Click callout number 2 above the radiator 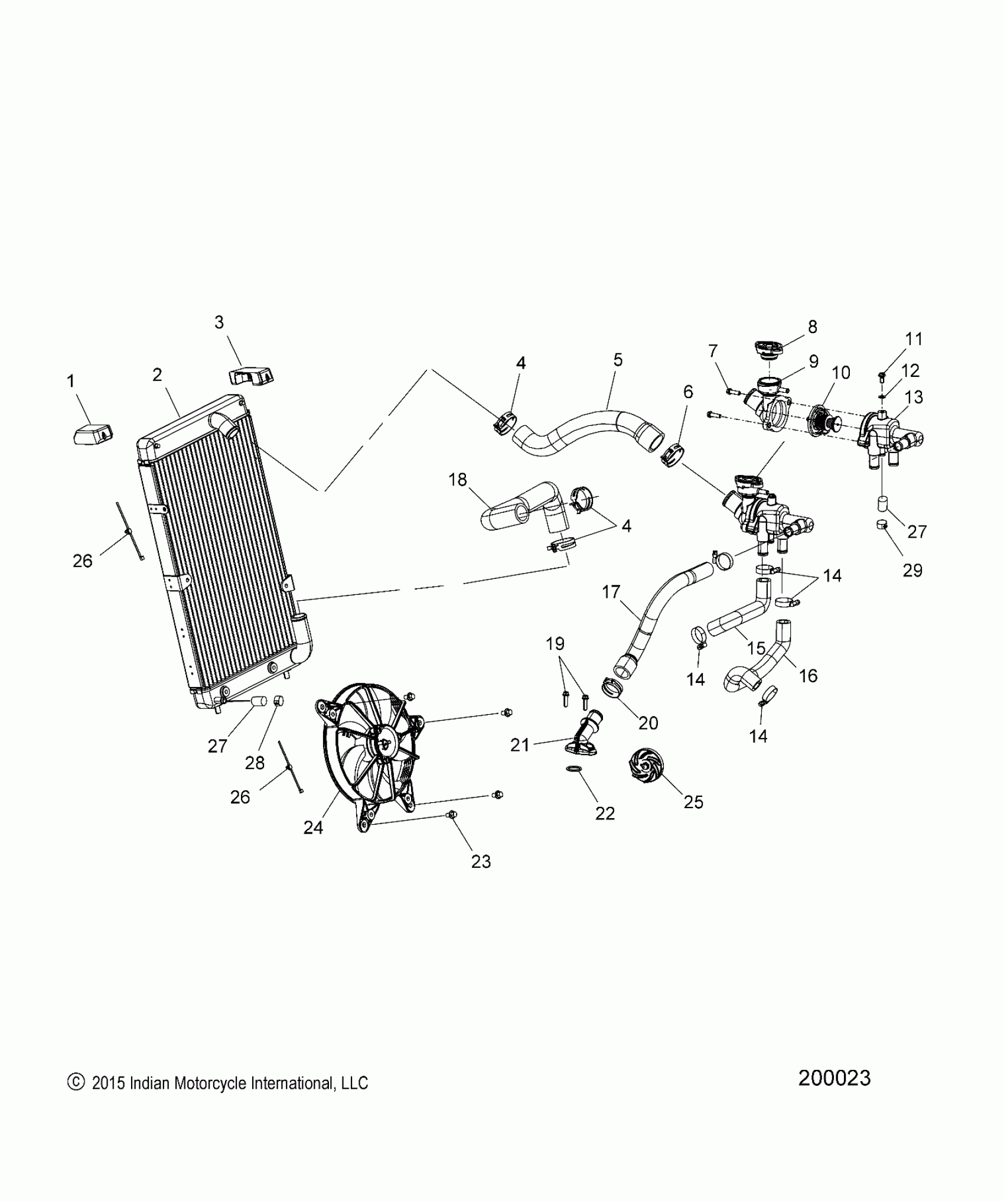[157, 375]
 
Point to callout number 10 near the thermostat [840, 373]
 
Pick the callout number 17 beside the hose [611, 591]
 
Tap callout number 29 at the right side [912, 570]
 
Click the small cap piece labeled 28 [279, 701]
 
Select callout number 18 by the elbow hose [458, 479]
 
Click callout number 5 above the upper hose [618, 360]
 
